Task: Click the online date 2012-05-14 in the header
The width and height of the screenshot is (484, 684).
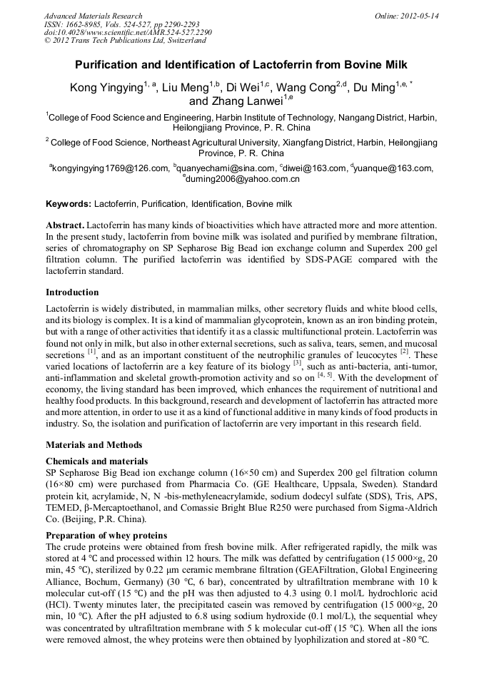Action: (420, 16)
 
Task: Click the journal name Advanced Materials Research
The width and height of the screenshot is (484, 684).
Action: (93, 16)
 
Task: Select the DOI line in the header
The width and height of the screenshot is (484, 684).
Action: (128, 33)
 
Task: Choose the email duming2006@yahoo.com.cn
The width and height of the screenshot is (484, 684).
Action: (243, 179)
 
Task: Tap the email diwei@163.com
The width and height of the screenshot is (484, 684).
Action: (314, 168)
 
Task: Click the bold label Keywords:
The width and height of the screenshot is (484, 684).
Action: (68, 204)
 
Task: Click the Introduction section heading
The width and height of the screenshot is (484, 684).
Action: (72, 292)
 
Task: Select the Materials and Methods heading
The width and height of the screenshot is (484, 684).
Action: (94, 445)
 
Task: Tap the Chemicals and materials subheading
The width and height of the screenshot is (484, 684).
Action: (97, 461)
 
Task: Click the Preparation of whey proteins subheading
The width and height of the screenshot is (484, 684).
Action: (106, 535)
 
